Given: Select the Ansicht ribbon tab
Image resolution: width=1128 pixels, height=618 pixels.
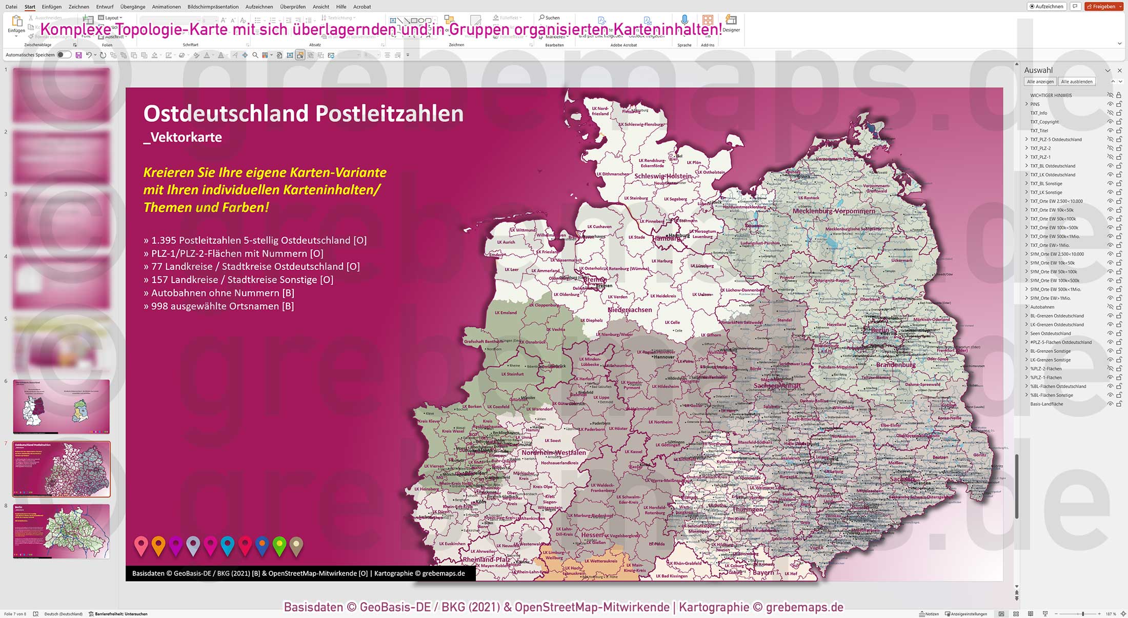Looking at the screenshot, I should (x=320, y=7).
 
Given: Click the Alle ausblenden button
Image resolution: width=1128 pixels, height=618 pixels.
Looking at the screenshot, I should (x=1076, y=82).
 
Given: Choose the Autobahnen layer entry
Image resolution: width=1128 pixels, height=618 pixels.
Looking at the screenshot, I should (x=1042, y=307).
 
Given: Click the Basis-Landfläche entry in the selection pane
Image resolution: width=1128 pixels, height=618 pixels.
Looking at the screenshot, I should (x=1046, y=404).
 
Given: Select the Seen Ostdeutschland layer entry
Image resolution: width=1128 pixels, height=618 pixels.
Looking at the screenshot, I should (x=1050, y=333).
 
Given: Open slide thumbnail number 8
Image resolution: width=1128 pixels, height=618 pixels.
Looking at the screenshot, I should (x=61, y=531).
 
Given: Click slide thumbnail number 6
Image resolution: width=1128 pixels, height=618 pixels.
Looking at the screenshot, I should (x=61, y=407).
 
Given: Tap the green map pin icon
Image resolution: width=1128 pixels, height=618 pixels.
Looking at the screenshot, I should (x=279, y=546).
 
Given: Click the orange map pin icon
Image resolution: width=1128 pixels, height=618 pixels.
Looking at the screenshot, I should (x=158, y=546).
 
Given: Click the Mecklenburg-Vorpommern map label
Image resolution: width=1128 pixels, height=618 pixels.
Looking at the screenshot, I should (x=834, y=211).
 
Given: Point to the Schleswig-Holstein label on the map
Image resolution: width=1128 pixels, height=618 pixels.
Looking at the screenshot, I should (x=663, y=176).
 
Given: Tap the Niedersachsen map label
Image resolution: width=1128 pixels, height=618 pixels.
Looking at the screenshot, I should (x=630, y=310).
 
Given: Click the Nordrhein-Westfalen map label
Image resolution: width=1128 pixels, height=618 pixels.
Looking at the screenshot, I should (x=553, y=452).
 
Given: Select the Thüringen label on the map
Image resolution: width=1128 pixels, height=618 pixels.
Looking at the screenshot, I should (x=748, y=509).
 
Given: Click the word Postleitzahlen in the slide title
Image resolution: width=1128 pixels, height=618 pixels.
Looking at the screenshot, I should (x=389, y=113).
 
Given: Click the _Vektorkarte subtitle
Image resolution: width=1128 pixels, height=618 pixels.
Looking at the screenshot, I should (x=183, y=137).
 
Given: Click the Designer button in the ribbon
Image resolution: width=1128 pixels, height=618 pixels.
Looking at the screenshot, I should (x=731, y=23).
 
